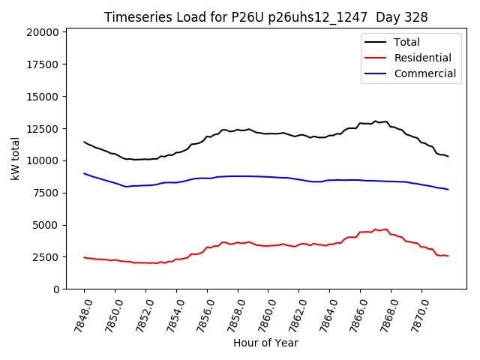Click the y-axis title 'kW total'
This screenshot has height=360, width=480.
(15, 158)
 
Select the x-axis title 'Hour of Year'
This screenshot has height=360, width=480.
(265, 343)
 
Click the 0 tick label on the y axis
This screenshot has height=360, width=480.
(56, 289)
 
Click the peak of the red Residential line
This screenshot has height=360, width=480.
(386, 229)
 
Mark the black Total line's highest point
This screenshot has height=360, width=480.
(376, 121)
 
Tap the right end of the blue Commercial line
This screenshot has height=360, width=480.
(448, 190)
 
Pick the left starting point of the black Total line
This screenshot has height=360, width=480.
(84, 142)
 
